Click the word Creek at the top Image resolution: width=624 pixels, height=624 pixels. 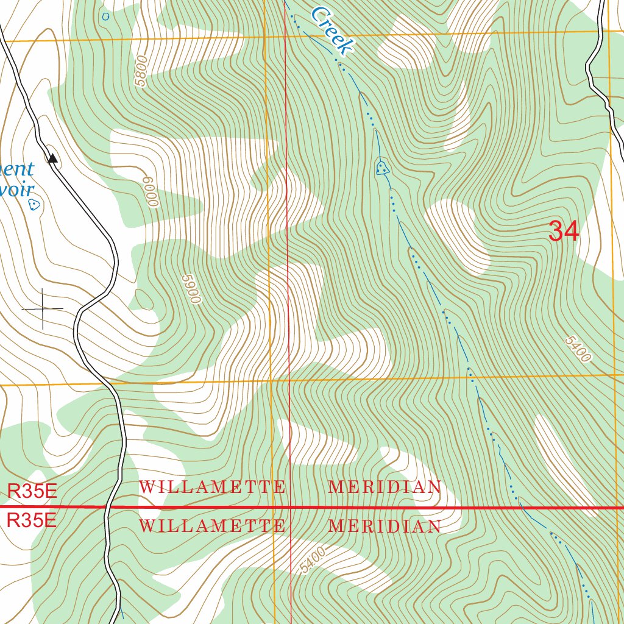331,29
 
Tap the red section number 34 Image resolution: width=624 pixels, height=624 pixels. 564,232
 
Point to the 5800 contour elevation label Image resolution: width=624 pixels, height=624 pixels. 141,71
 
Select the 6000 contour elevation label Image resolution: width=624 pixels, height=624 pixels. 151,192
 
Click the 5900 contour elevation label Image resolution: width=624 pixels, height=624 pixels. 191,289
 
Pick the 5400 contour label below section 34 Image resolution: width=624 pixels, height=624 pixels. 577,349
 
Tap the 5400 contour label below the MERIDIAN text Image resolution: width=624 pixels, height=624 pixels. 313,559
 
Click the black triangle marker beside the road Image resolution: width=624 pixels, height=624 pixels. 53,158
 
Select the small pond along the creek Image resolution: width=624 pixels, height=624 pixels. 382,168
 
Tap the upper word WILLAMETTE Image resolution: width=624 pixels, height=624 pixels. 212,487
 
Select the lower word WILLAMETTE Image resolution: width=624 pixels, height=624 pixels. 212,526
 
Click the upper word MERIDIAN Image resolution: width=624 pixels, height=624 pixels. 385,487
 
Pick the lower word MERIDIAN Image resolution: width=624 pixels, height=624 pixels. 385,526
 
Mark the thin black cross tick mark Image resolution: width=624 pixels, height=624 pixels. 43,309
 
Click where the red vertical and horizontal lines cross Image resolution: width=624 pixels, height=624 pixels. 290,507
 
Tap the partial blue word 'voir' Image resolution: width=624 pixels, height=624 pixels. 16,190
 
